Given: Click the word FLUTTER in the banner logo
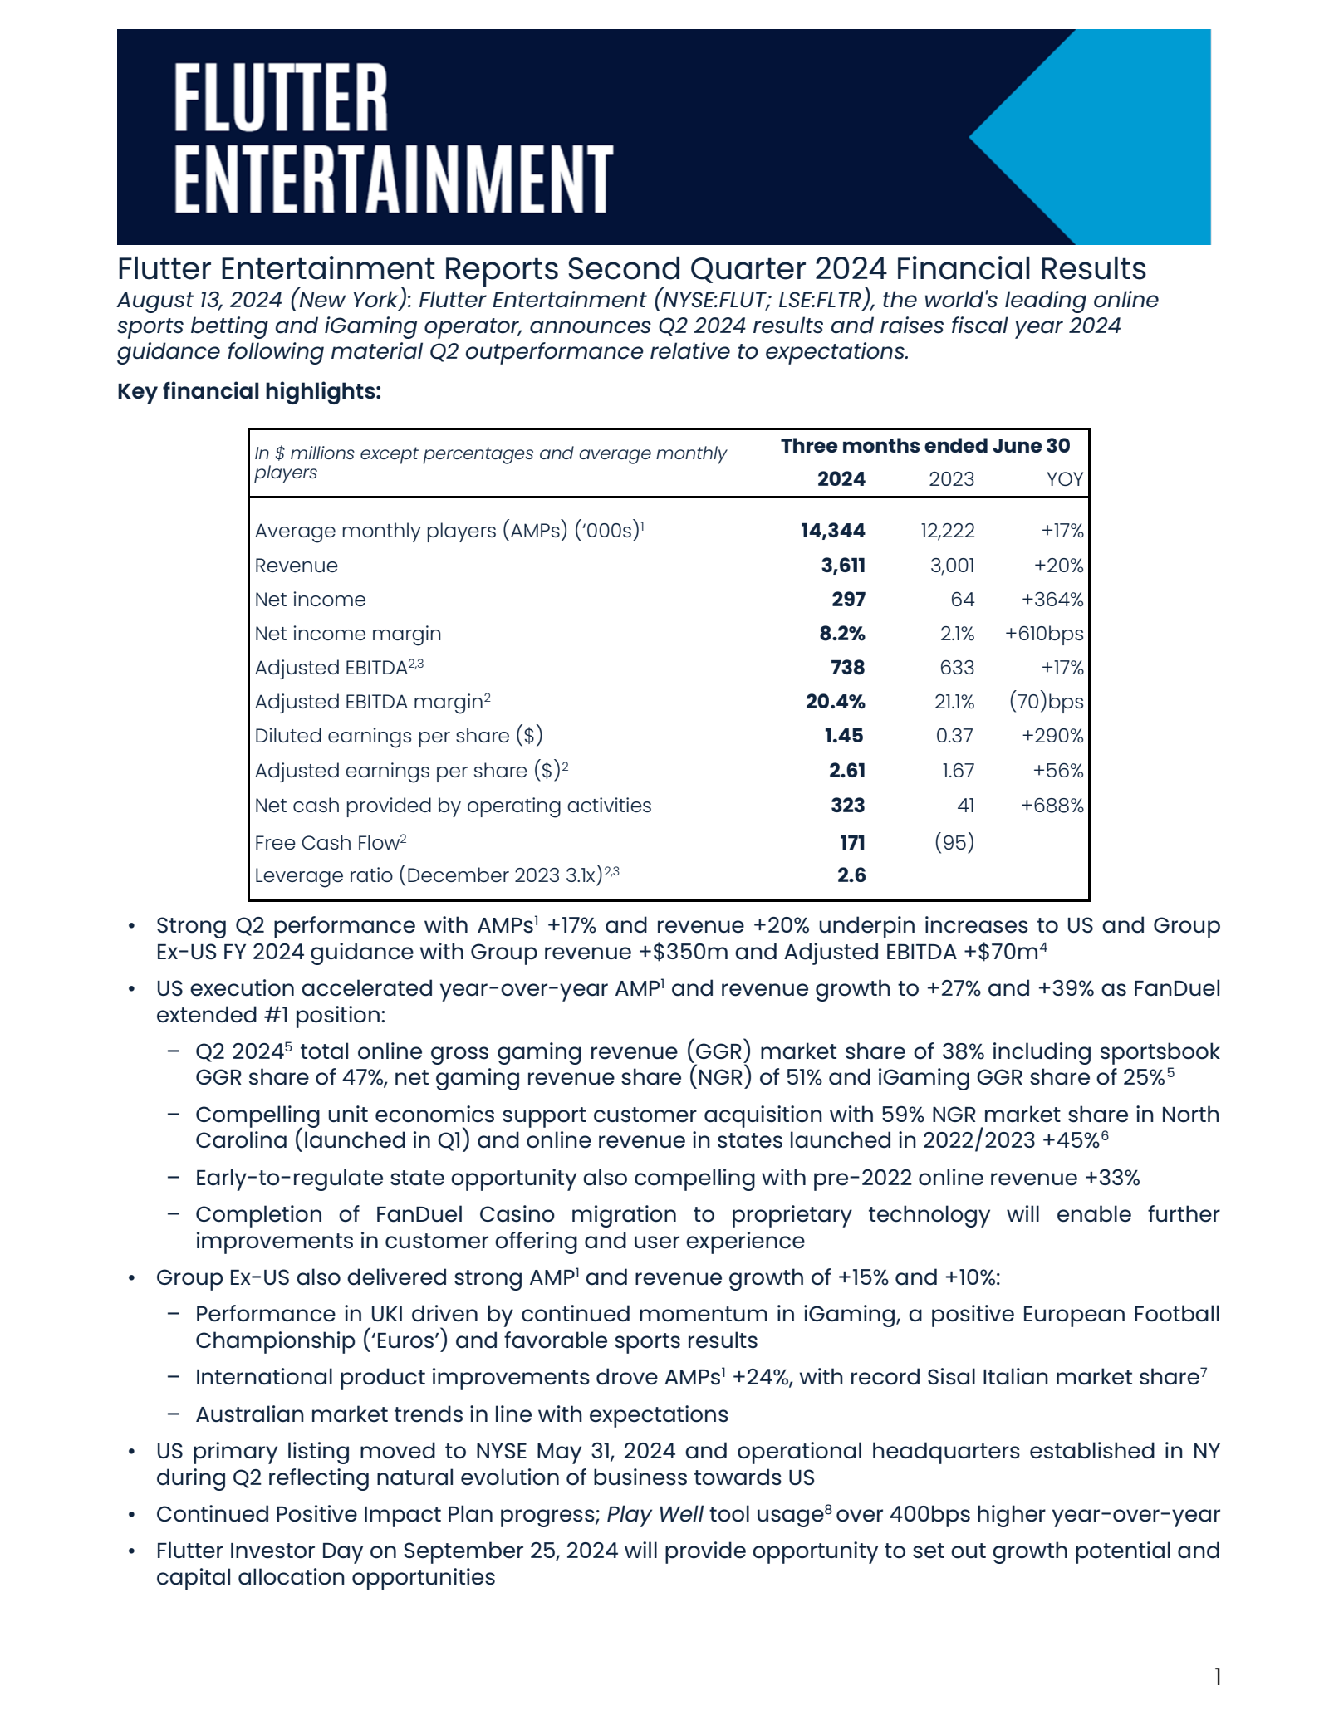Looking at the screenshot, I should [x=281, y=98].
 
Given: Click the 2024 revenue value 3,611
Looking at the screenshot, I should [x=843, y=566].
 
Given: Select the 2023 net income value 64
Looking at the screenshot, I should [x=963, y=600].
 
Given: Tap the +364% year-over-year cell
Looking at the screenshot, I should [x=1052, y=600].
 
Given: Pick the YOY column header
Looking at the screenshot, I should [x=1064, y=479].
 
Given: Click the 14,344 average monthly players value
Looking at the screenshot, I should [x=832, y=531].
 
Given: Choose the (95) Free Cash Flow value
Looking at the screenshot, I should [x=954, y=842].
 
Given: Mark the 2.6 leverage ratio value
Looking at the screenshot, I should [x=851, y=875].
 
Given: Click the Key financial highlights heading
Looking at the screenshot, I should [x=249, y=391].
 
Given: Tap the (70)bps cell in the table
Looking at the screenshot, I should [x=1046, y=702].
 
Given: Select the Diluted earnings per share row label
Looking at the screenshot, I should [x=398, y=736].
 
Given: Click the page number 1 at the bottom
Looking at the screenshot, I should [x=1217, y=1677].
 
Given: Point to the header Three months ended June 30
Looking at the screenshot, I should [x=924, y=446].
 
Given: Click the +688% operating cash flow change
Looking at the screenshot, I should [x=1052, y=806].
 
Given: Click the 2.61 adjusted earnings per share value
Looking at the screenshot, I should [x=846, y=771].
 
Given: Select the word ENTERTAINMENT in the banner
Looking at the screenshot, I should [x=393, y=178].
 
